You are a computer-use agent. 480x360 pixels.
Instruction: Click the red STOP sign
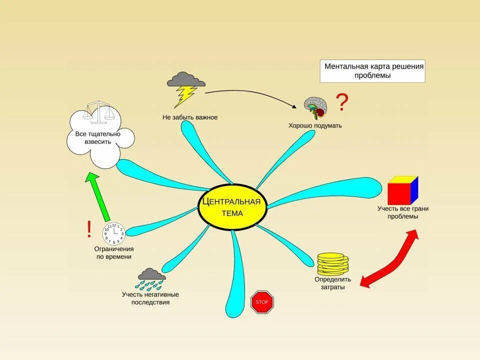[x=262, y=302]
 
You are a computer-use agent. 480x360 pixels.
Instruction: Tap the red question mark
[x=342, y=102]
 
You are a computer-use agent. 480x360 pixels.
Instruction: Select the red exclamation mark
[x=89, y=229]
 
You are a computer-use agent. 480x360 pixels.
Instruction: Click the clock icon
[x=113, y=232]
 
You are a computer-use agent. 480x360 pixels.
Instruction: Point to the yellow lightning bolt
[x=185, y=96]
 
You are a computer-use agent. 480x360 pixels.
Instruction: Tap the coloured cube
[x=402, y=190]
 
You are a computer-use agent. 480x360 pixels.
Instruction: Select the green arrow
[x=98, y=196]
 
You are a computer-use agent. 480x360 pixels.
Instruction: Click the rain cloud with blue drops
[x=151, y=279]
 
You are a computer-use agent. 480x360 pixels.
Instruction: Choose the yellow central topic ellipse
[x=233, y=207]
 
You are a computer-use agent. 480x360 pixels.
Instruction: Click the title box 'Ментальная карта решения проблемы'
[x=372, y=71]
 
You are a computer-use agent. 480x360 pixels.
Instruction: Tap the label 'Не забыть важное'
[x=190, y=117]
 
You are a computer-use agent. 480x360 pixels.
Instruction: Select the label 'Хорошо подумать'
[x=315, y=125]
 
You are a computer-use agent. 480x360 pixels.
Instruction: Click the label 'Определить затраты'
[x=333, y=283]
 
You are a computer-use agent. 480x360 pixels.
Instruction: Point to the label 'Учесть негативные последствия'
[x=150, y=298]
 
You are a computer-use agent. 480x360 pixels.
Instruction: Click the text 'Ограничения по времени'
[x=114, y=252]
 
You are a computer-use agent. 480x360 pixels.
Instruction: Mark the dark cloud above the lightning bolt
[x=186, y=79]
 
